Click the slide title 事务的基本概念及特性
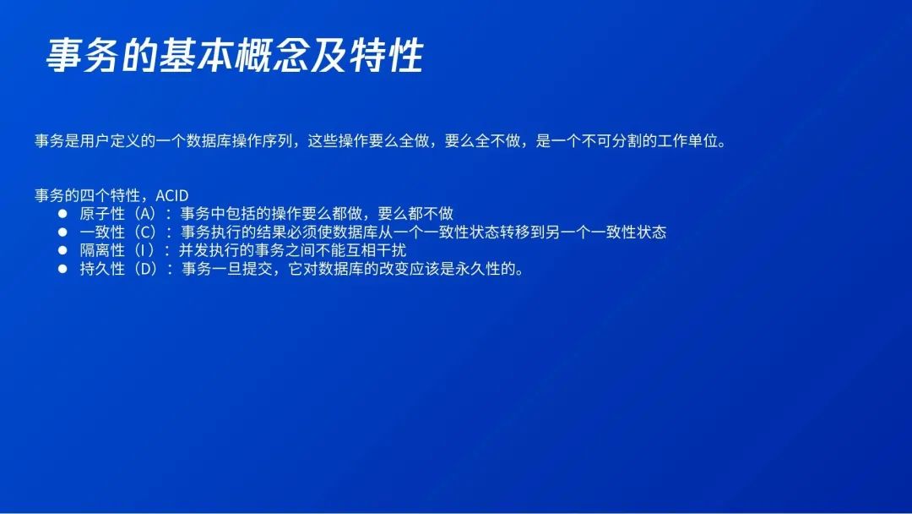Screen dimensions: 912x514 (235, 56)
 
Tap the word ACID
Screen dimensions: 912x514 (172, 195)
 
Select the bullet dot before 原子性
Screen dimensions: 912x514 (62, 214)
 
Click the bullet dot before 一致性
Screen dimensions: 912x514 (62, 232)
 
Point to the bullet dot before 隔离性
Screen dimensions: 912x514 (62, 250)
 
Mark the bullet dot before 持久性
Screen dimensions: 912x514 (62, 269)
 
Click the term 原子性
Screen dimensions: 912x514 (102, 214)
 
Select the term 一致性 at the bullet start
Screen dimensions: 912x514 (102, 232)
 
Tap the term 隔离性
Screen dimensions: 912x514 (102, 250)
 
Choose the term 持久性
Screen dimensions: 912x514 (102, 269)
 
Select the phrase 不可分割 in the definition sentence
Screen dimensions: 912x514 (612, 141)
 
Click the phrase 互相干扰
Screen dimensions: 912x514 (376, 250)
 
